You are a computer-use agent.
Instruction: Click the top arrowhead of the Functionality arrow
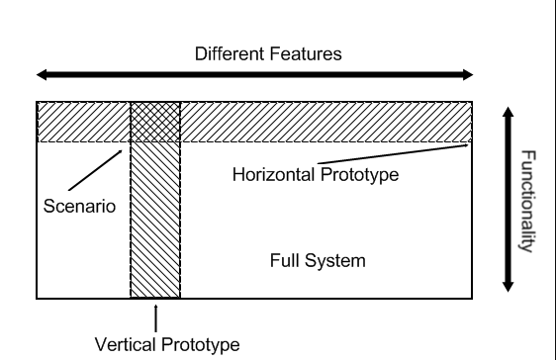point(508,116)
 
